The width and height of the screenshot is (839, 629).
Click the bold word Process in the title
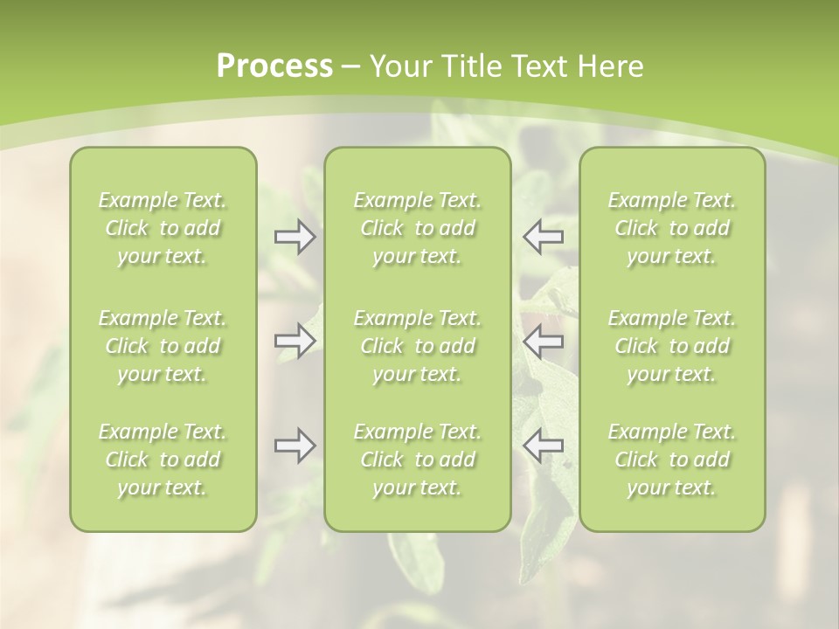pyautogui.click(x=274, y=66)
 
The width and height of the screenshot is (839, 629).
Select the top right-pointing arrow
pyautogui.click(x=295, y=237)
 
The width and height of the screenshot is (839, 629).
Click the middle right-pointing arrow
pyautogui.click(x=295, y=340)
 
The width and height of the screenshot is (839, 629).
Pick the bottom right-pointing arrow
pyautogui.click(x=295, y=446)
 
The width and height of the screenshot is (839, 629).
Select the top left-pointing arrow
pyautogui.click(x=543, y=237)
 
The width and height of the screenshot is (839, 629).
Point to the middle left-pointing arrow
pyautogui.click(x=543, y=340)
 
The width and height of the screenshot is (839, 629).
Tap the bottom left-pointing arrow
pyautogui.click(x=543, y=446)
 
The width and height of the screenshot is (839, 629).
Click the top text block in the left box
pyautogui.click(x=163, y=228)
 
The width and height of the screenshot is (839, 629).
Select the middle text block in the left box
pyautogui.click(x=163, y=346)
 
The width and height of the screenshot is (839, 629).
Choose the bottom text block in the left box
pyautogui.click(x=163, y=460)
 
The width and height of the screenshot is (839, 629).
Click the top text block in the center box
pyautogui.click(x=418, y=228)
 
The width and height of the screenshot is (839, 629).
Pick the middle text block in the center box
pyautogui.click(x=418, y=346)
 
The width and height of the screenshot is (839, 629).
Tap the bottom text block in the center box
pyautogui.click(x=418, y=460)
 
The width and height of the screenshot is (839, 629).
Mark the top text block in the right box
pyautogui.click(x=672, y=228)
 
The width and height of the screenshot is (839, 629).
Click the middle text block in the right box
pyautogui.click(x=672, y=346)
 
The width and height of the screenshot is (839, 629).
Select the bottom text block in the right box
pyautogui.click(x=672, y=460)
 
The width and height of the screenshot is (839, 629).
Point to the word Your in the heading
pyautogui.click(x=399, y=66)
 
